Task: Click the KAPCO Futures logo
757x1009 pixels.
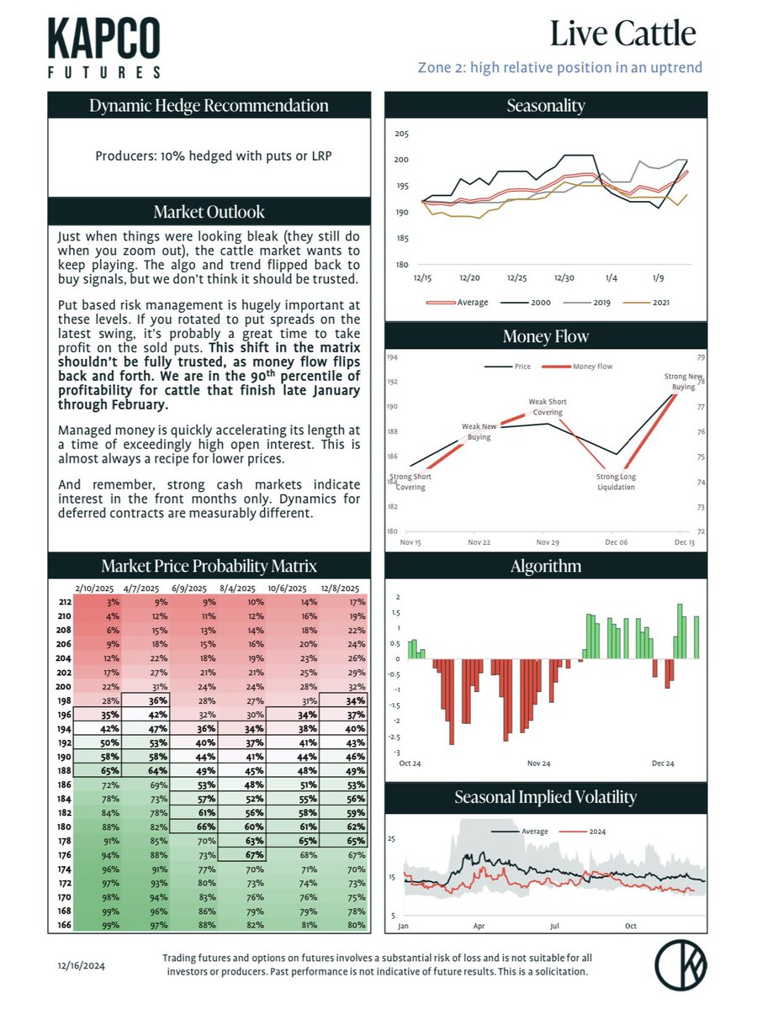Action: (104, 48)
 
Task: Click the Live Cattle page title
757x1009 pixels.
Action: (622, 34)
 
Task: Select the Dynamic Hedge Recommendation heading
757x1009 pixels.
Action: (209, 106)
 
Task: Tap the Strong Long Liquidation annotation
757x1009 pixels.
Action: (611, 482)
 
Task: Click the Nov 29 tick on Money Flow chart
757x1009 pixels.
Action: (548, 543)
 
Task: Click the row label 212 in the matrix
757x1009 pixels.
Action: (64, 602)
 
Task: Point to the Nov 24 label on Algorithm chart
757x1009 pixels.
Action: (538, 763)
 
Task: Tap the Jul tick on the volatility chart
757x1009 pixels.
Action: (555, 926)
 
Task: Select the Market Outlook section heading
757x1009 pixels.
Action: (209, 211)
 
